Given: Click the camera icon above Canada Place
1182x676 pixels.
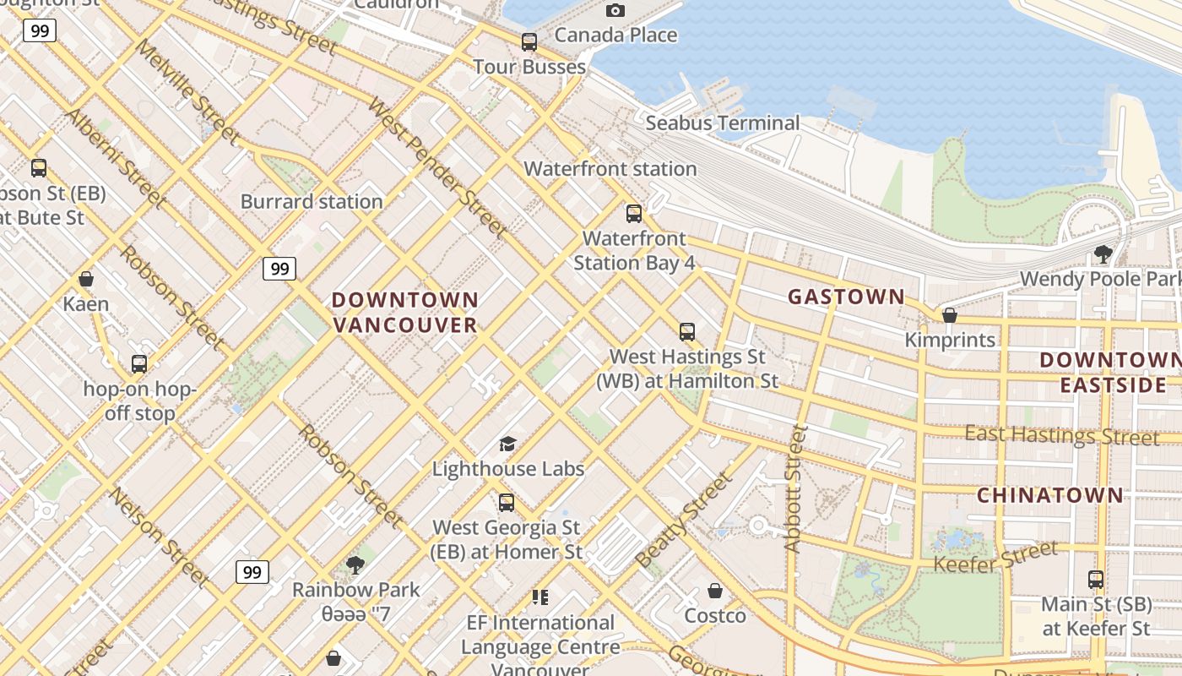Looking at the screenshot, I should [x=615, y=10].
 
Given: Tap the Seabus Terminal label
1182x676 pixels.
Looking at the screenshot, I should [x=722, y=123].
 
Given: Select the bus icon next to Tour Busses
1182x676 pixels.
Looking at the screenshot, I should [x=529, y=41].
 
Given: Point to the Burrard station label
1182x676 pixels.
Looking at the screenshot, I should [x=312, y=202].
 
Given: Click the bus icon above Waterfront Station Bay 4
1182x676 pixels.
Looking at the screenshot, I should [x=634, y=213].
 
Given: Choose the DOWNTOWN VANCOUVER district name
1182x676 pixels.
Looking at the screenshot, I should [x=405, y=313].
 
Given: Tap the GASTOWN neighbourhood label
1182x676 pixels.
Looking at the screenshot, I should [x=846, y=297].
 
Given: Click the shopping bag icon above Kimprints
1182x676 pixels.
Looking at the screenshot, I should [x=950, y=315].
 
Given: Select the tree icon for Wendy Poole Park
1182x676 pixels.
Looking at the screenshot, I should [x=1103, y=253].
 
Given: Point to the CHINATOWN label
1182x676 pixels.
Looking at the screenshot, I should [x=1050, y=495].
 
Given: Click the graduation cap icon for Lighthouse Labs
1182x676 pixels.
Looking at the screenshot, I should [x=507, y=444].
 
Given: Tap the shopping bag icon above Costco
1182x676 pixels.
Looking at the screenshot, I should [x=715, y=591].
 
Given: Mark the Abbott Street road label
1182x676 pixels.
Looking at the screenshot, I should [x=794, y=489].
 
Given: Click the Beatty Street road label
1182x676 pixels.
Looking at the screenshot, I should [x=684, y=520].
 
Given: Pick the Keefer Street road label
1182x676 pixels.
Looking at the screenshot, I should [x=995, y=557].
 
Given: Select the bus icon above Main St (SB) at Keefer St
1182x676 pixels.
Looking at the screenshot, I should [x=1096, y=580].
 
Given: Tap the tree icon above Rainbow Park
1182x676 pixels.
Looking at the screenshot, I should [x=355, y=564].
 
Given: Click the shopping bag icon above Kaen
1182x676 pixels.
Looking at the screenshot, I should [x=85, y=279].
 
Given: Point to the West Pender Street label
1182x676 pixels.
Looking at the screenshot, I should [x=437, y=168].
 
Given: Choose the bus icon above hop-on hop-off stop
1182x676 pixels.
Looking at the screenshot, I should [x=139, y=364].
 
